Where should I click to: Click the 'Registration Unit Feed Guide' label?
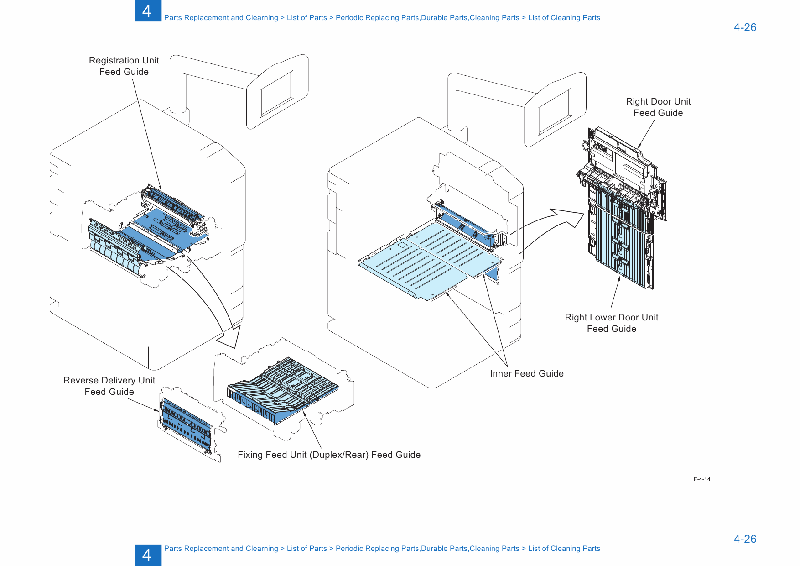124,66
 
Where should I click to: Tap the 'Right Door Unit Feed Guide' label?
658,107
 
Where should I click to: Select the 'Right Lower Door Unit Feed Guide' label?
611,323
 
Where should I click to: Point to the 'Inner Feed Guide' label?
527,374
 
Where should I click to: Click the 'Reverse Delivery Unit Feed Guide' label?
109,386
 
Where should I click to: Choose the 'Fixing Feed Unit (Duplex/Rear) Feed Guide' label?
329,455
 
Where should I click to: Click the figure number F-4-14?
702,479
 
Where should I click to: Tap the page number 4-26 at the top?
745,27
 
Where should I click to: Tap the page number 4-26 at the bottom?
745,539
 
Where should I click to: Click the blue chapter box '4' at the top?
147,10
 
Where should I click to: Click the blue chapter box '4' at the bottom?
147,555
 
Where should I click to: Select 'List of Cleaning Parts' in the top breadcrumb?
564,18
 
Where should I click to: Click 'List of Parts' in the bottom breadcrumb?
306,549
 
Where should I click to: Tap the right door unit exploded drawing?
623,210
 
